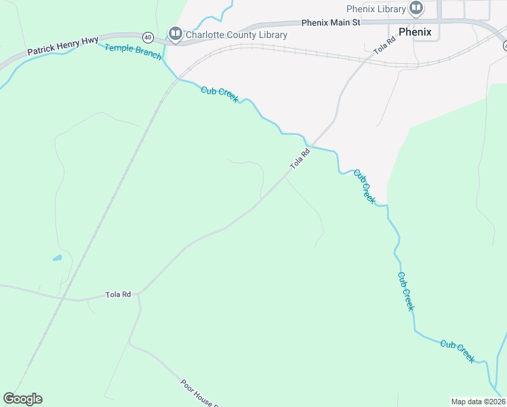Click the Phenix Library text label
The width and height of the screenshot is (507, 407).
point(376,9)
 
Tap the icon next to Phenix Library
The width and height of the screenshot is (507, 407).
point(416,9)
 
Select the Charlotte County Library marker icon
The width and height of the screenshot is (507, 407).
point(175,34)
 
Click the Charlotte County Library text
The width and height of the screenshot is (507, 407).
point(236,35)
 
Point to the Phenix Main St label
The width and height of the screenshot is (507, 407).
point(331,22)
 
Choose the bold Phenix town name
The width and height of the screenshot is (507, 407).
point(415,32)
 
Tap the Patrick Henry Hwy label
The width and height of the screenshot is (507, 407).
point(63,46)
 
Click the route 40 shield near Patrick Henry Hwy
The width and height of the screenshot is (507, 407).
point(148,37)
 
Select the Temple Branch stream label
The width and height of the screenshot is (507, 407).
point(133,52)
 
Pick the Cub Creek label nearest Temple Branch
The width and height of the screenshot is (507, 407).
point(220,94)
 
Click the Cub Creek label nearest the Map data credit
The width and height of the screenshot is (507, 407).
point(458,351)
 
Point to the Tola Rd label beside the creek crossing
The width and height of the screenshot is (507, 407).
point(300,159)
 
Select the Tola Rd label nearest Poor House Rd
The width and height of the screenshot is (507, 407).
point(117,294)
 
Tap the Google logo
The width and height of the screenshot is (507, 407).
point(22,399)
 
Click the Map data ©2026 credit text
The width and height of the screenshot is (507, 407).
point(478,402)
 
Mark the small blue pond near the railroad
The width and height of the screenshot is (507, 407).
point(57,258)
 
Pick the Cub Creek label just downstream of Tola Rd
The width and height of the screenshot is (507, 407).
point(364,186)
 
